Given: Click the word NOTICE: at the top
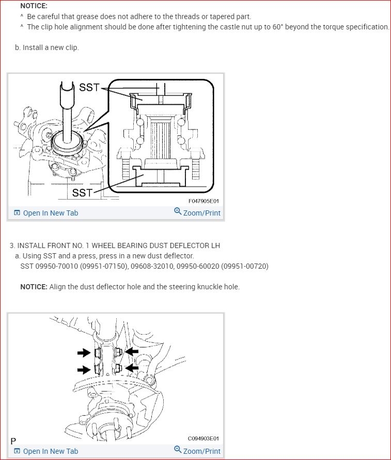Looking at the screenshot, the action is point(34,6).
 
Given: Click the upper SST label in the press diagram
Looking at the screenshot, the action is point(89,88).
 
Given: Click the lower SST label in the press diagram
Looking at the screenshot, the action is point(82,193).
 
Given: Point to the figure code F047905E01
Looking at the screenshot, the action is point(204,202).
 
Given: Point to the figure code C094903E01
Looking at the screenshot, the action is point(204,439).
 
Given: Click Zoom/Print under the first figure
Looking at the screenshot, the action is point(201,213).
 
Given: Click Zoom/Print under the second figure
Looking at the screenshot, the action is point(201,451).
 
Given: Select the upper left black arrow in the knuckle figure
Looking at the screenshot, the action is point(83,353).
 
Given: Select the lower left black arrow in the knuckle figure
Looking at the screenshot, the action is point(83,369).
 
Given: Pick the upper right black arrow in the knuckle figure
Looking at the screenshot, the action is point(132,351).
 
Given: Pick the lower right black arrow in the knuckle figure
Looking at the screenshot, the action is point(132,368).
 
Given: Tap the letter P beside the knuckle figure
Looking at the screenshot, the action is point(13,441).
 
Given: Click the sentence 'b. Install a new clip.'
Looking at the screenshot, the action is point(46,47).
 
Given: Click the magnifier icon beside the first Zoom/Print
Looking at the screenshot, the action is point(178,211).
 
